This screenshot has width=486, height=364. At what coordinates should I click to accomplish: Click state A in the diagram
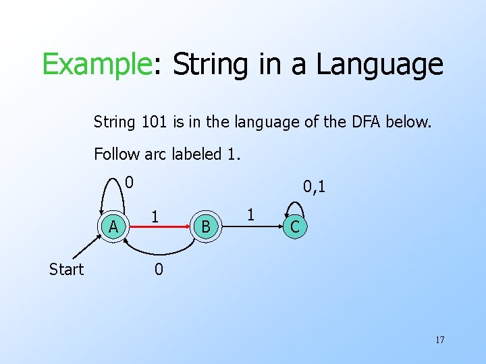pos(114,227)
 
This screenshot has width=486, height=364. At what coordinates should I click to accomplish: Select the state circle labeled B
pos(206,227)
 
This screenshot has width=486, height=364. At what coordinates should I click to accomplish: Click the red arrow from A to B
pos(159,228)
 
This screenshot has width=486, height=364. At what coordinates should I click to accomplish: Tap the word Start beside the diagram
pos(66,270)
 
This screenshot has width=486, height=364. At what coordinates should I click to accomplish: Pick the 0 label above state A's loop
pos(130,182)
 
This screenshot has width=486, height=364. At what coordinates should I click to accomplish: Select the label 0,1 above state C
pos(314,186)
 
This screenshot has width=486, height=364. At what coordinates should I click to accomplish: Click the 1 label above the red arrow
pos(155,216)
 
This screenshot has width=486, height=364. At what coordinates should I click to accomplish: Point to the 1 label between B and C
pos(250,215)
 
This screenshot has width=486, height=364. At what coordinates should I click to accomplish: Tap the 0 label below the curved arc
pos(158,270)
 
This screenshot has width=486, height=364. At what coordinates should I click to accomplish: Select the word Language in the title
pos(379,65)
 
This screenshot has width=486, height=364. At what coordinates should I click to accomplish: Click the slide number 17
pos(439,339)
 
